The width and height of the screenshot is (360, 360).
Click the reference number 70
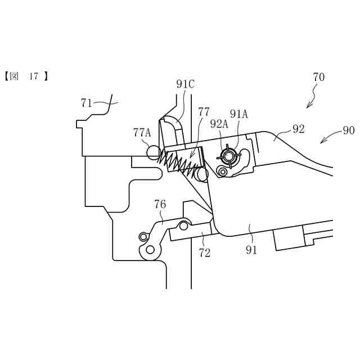coord(318,76)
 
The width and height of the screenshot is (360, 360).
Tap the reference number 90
coord(348,131)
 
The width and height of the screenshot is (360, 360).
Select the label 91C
coord(185,84)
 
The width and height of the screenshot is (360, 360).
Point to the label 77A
coord(142,133)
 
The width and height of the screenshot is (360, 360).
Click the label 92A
coord(219,124)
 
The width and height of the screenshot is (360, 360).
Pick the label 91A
coord(238,114)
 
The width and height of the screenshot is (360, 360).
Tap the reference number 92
coord(298,129)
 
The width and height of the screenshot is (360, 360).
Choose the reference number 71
coord(87,103)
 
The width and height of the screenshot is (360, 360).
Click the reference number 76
coord(160,204)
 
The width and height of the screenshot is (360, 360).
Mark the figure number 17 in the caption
coord(34,76)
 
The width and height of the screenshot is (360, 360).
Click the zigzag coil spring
coord(179,163)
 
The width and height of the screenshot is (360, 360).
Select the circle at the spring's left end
coord(153,151)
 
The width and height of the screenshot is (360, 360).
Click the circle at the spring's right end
coord(201,174)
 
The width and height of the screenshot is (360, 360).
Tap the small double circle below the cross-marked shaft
coord(223,170)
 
